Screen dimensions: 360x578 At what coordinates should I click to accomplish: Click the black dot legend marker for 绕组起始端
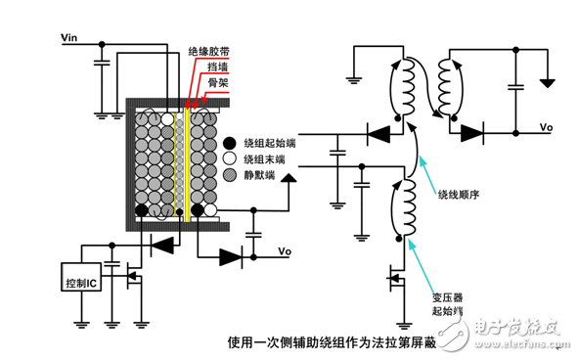click(230, 142)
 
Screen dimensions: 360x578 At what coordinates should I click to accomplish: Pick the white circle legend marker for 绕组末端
click(230, 158)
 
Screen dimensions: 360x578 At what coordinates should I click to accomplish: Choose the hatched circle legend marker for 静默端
click(230, 176)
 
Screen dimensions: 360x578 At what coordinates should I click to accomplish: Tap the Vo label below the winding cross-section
click(285, 250)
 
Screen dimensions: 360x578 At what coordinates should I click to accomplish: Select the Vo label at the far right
click(547, 128)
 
